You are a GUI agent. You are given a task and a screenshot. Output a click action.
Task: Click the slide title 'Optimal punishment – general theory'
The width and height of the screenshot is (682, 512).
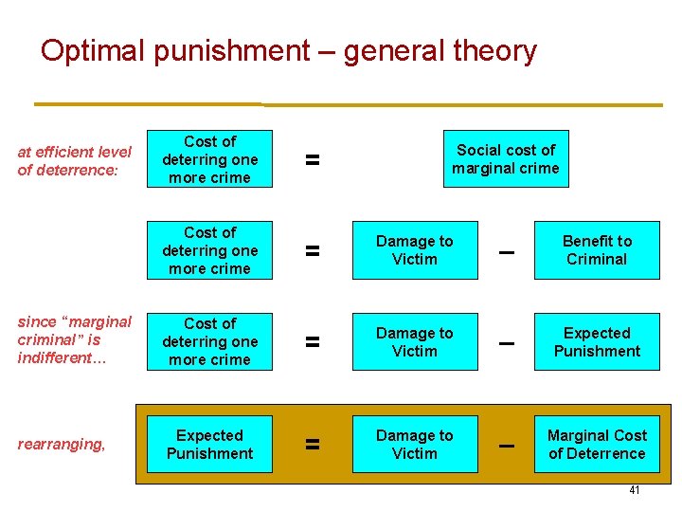tap(288, 50)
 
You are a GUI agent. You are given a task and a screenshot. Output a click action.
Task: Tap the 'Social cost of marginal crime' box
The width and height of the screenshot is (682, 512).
tap(506, 159)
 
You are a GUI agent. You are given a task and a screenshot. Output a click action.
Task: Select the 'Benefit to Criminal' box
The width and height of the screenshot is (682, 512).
tap(597, 250)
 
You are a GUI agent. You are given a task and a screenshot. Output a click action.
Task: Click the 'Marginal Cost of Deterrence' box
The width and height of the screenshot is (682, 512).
tap(597, 445)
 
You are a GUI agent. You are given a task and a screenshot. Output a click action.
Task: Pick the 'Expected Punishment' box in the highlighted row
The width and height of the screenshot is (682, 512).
tap(209, 445)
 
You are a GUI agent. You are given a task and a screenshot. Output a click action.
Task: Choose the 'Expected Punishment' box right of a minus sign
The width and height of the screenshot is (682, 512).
tap(597, 342)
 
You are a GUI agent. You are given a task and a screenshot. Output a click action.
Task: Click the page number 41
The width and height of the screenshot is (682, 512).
tap(635, 490)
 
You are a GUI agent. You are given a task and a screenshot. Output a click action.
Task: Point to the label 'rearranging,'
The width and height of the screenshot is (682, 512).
tap(62, 444)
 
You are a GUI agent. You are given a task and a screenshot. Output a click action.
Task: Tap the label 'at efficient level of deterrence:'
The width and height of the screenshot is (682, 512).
tap(74, 160)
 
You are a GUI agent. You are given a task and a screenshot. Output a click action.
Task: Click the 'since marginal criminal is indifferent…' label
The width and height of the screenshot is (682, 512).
tap(74, 339)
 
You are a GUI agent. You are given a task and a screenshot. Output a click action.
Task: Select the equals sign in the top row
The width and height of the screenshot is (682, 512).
tap(312, 160)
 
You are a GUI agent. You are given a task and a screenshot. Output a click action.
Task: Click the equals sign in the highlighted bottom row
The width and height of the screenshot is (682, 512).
tap(312, 445)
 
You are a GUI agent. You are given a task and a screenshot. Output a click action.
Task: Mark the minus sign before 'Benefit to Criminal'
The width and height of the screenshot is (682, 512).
tap(507, 251)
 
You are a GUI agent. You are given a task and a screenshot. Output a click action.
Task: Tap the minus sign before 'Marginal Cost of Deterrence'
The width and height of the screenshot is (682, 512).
tap(507, 445)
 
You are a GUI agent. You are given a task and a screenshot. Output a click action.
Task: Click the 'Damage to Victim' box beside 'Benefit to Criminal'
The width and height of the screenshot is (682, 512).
tap(415, 250)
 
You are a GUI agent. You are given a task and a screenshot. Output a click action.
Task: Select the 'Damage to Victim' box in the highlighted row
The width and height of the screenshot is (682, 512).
tap(415, 445)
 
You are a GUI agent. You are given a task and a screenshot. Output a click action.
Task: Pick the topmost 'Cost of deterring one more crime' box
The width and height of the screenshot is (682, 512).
tap(209, 159)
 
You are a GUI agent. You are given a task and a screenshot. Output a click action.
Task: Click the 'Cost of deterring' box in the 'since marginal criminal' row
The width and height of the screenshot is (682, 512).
tap(209, 341)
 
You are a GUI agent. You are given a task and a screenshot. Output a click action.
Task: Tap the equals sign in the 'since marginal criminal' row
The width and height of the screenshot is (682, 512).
tap(312, 342)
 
